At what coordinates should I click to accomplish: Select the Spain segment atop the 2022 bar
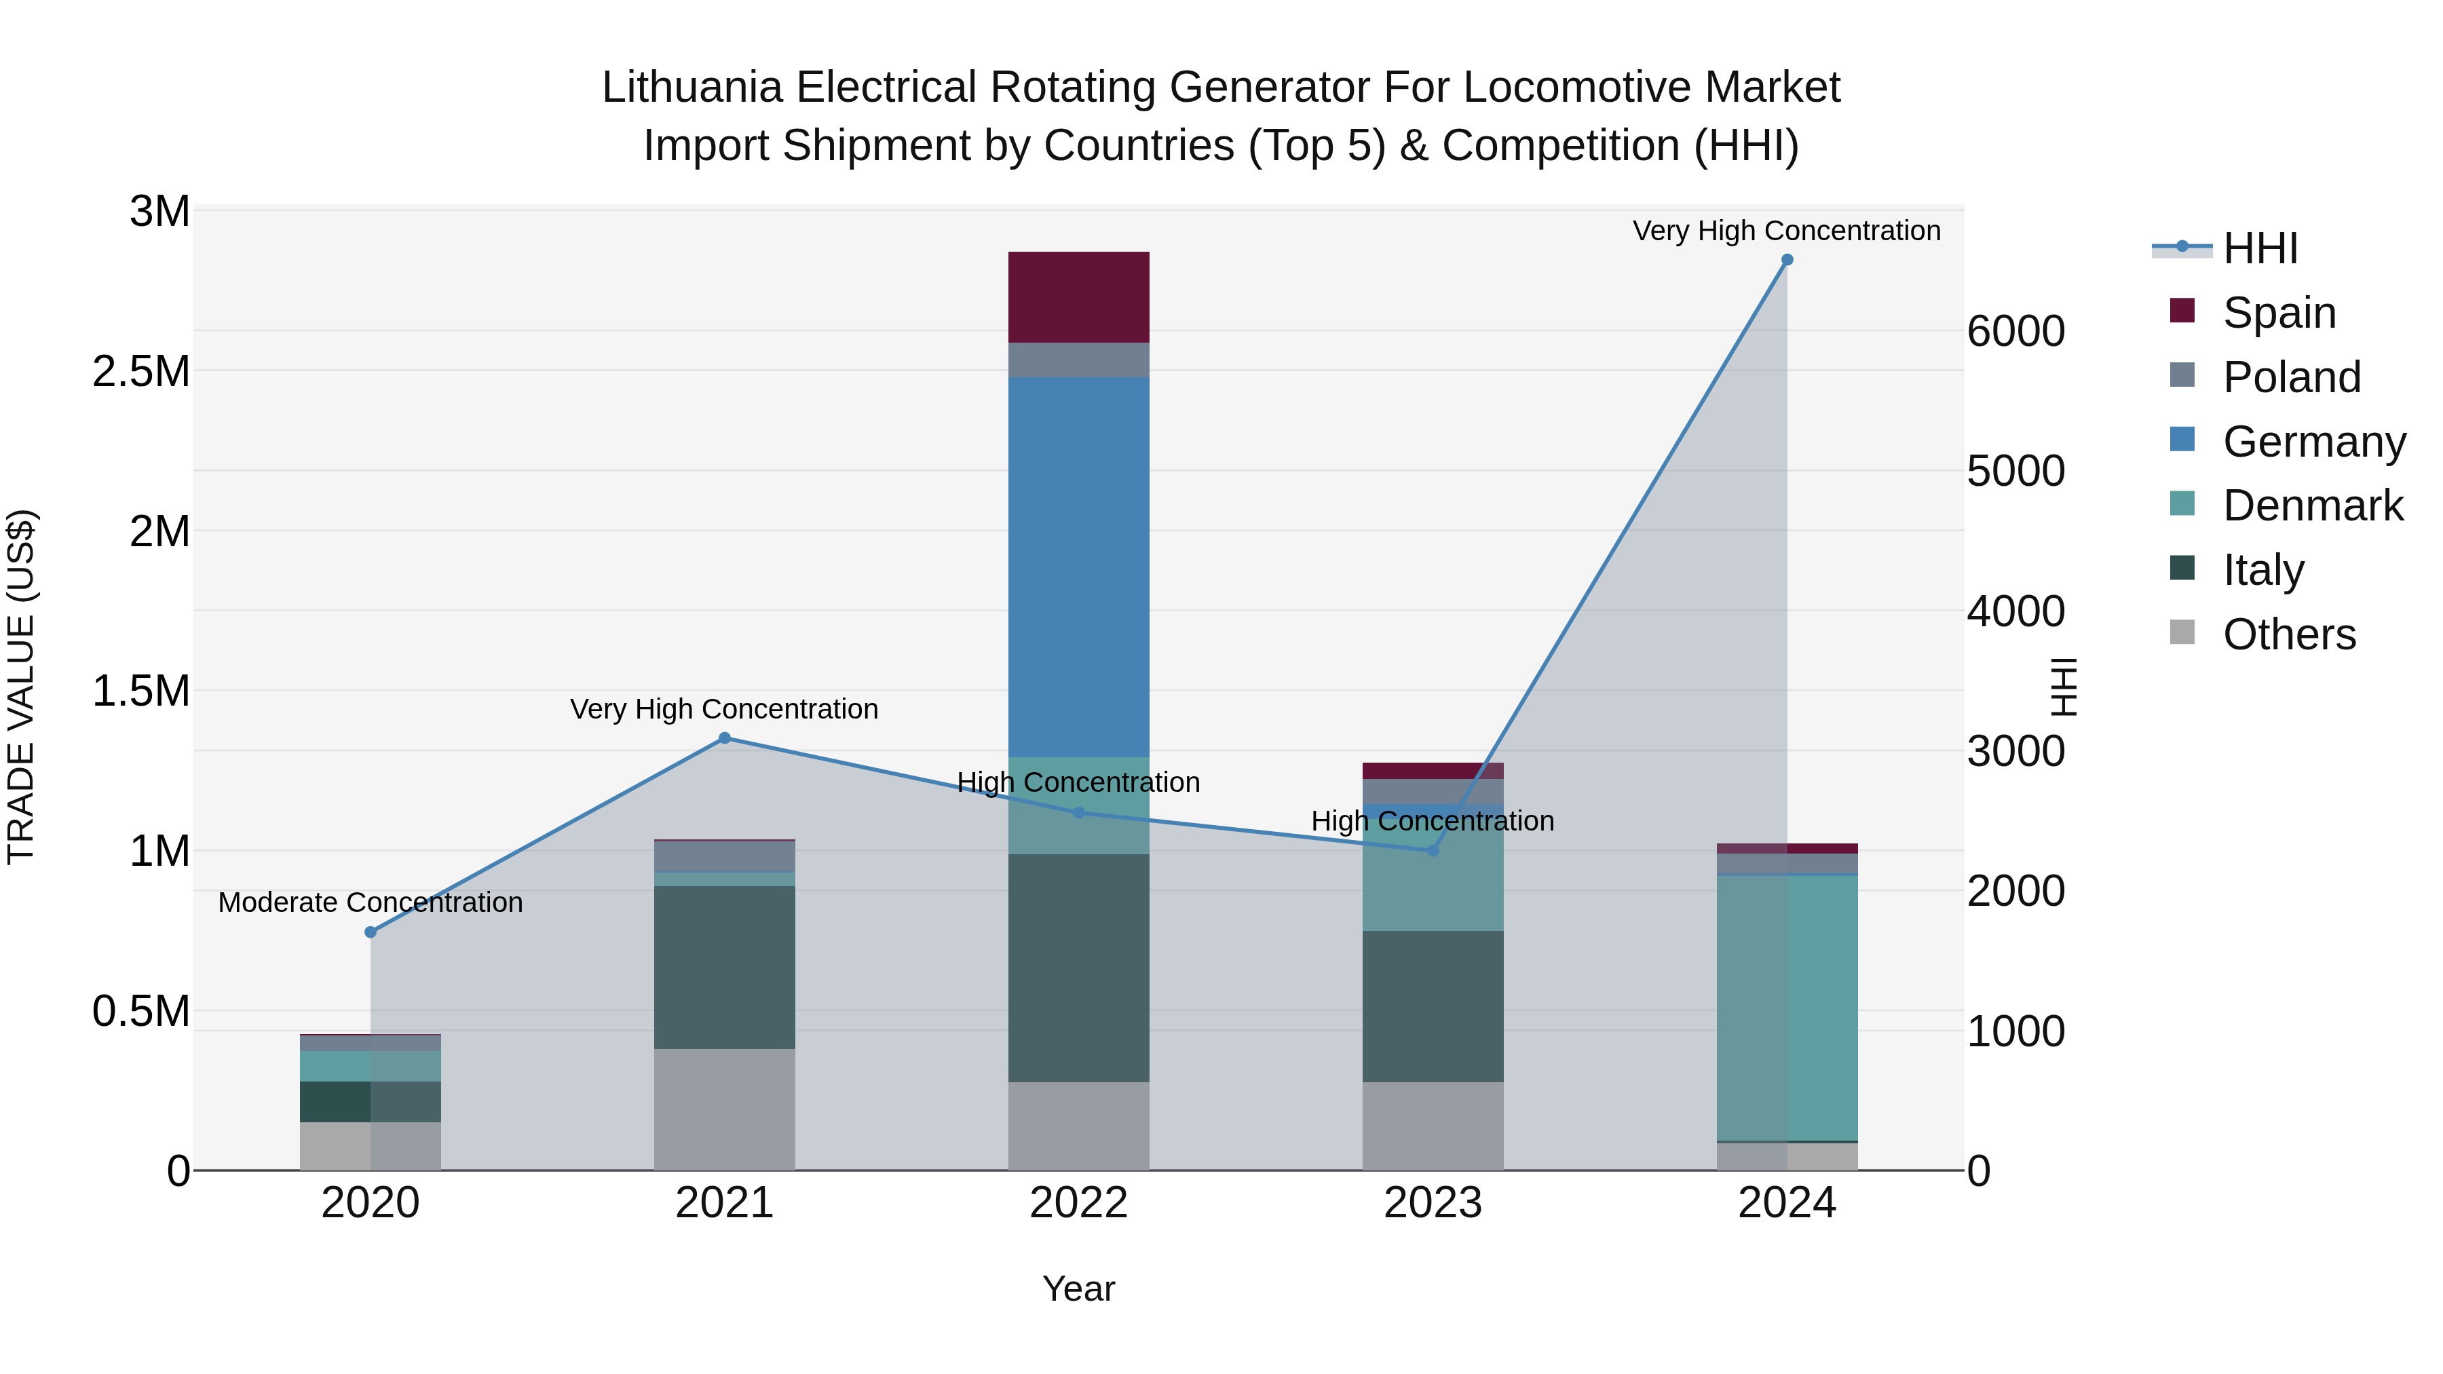tap(1078, 297)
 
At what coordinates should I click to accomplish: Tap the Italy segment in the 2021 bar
tap(725, 966)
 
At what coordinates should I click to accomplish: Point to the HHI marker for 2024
tap(1787, 260)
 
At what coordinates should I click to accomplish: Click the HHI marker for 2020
tap(371, 932)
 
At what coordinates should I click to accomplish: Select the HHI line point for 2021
tap(725, 738)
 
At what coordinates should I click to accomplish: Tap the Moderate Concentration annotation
tap(371, 902)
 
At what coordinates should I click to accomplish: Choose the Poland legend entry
tap(2290, 377)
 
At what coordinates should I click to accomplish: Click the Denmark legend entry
tap(2311, 505)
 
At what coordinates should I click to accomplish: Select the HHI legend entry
tap(2259, 248)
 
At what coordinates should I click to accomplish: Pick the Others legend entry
tap(2288, 634)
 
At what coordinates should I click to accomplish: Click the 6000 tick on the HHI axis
tap(2015, 331)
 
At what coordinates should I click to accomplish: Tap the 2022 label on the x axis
tap(1078, 1202)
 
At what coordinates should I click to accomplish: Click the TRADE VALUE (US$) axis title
tap(22, 687)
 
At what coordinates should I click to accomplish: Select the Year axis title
tap(1078, 1289)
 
